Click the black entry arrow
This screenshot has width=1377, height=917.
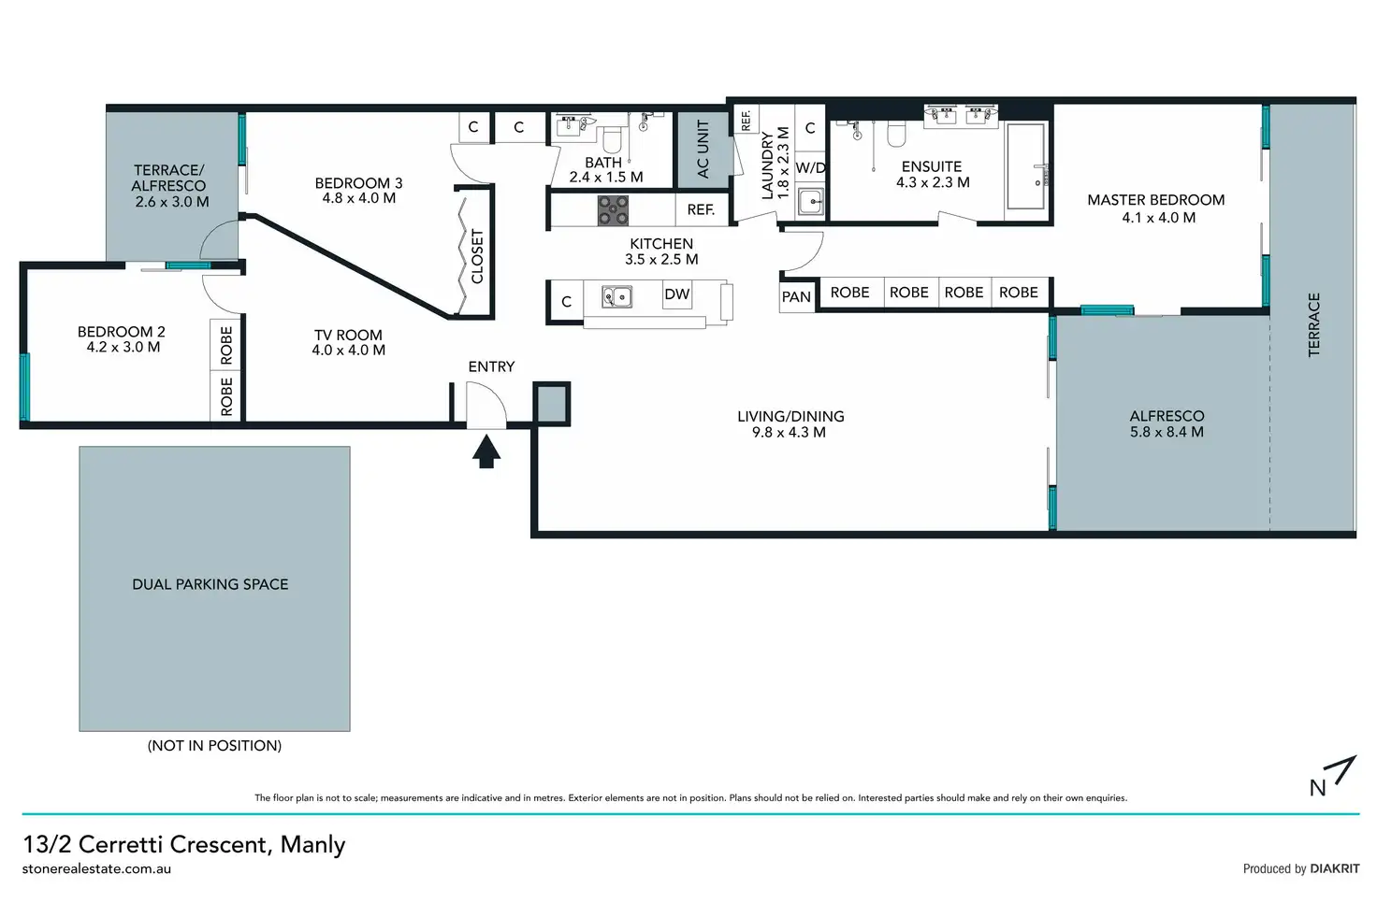tap(486, 451)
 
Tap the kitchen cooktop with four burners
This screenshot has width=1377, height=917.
tap(613, 210)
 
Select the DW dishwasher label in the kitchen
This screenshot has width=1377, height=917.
tap(677, 294)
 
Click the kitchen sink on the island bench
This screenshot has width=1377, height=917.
tap(616, 297)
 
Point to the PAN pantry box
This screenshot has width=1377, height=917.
tap(797, 297)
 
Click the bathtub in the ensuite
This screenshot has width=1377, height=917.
tap(1025, 166)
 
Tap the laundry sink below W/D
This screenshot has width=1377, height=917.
tap(811, 202)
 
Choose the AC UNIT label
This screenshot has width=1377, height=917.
tap(703, 150)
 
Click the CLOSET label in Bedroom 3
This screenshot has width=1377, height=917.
tap(477, 257)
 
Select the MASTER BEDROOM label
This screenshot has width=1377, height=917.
tap(1155, 200)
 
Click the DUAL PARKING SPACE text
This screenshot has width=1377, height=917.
tap(210, 584)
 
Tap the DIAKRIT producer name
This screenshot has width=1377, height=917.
tap(1335, 868)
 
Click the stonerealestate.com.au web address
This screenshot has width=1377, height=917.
tap(96, 869)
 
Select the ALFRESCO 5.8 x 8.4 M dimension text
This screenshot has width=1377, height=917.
tap(1167, 432)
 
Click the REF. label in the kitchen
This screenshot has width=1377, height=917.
tap(701, 210)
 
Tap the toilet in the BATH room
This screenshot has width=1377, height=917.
tap(613, 137)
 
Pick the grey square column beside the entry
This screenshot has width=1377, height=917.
tap(551, 404)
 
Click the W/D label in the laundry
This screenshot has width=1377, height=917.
tap(810, 167)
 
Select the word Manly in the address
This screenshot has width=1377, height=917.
tap(312, 844)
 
